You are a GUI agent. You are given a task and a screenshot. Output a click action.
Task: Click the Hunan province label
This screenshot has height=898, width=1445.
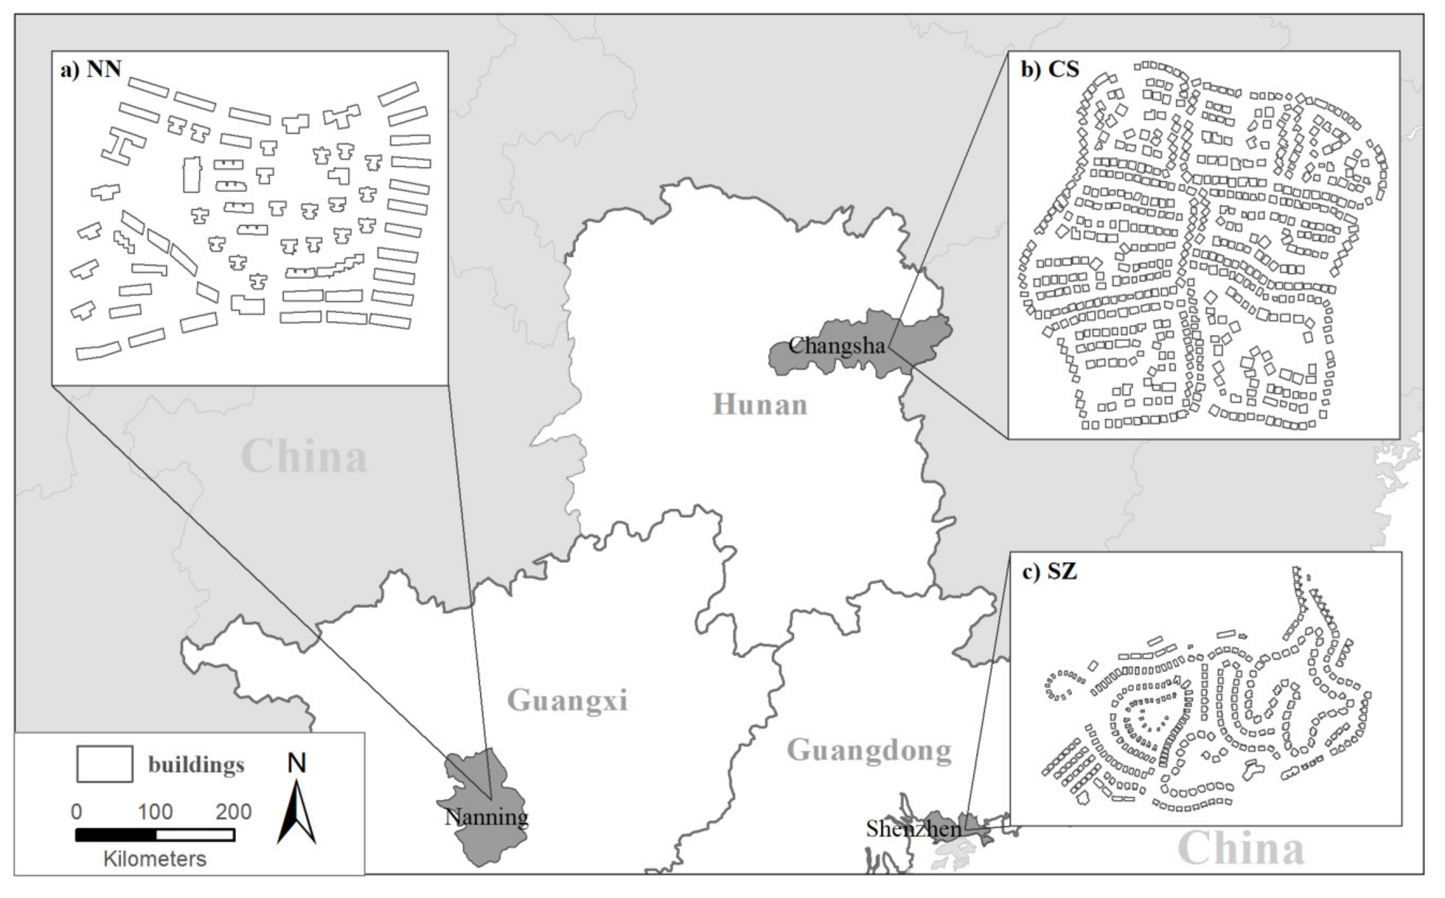pos(760,405)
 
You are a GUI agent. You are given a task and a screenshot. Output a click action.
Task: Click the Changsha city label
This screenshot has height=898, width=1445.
pos(837,346)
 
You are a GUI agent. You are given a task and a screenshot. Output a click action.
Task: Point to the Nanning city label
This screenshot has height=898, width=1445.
pos(486,817)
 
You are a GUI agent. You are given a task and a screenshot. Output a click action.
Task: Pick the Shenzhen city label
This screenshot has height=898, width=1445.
pos(913,829)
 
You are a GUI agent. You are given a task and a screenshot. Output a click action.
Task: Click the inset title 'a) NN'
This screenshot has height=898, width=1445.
pos(91,69)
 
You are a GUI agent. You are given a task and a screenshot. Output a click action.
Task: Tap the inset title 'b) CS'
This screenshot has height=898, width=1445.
pos(1050,69)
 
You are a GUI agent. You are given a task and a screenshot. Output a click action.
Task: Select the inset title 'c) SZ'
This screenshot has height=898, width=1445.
pos(1049,571)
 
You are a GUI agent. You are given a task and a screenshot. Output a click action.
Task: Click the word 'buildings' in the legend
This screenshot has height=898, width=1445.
pos(196,765)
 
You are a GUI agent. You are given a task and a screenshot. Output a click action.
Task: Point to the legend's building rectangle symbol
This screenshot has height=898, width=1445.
pos(104,764)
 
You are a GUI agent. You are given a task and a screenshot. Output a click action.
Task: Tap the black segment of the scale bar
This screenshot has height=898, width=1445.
pos(116,835)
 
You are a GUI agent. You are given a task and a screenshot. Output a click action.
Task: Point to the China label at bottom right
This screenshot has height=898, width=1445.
pos(1241,848)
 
